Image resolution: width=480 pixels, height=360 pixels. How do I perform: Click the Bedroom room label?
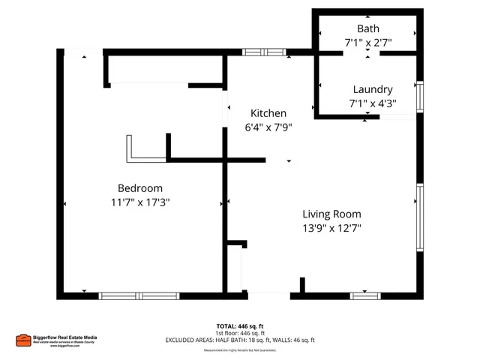pos(139,187)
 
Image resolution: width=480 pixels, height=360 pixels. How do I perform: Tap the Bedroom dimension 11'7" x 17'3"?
pos(139,202)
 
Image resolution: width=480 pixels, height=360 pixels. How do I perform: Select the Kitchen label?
pos(268,112)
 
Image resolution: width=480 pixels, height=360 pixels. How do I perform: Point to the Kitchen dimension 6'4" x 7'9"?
pos(268,127)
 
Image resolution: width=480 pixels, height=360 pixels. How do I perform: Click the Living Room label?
pos(331,214)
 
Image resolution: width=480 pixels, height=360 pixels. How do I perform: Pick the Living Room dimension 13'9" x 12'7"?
pos(331,229)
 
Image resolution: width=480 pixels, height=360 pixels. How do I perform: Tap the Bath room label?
pos(367,28)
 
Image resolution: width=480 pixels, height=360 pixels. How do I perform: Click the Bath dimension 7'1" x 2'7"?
pos(367,43)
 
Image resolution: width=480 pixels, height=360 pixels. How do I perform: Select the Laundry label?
pos(373,89)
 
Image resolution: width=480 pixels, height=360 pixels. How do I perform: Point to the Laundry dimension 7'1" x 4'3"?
pos(373,103)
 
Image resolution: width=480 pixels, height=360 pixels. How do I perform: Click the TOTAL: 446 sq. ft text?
pos(240,326)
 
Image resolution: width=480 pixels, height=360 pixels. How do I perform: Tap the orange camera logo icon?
pos(22,340)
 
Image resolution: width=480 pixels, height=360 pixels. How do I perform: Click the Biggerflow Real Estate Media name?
pos(69,337)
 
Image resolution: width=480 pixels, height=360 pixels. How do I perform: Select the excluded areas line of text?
pos(240,340)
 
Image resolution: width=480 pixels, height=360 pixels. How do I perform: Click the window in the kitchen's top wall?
pos(264,52)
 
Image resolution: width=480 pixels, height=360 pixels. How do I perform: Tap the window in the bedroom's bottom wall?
pos(139,296)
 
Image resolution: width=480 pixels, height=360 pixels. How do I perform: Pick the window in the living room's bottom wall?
pos(365,296)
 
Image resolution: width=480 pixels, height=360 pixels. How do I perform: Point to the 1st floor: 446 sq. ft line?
pos(240,333)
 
